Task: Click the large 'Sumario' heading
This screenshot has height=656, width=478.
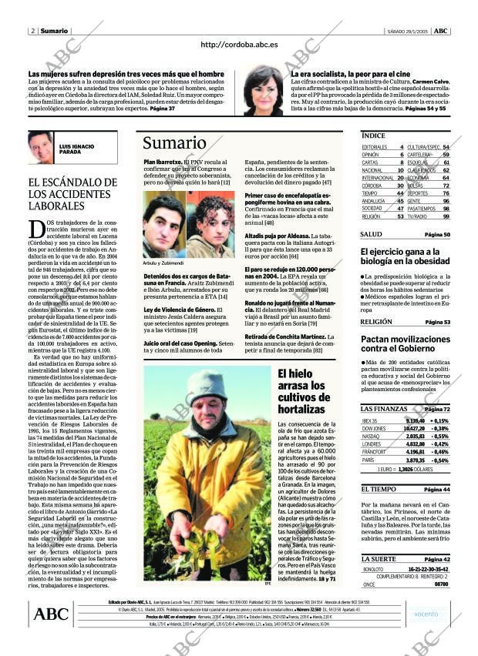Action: coord(169,142)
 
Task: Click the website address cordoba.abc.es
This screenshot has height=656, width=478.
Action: coord(238,45)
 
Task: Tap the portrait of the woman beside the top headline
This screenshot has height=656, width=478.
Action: coord(264,89)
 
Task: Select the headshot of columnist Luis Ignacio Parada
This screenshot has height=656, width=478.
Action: coord(40,146)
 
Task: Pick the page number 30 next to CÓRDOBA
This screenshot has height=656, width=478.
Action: coord(400,186)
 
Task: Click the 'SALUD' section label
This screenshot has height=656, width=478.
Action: coord(371,234)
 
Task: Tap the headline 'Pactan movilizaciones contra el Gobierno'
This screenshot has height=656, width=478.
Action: coord(403,343)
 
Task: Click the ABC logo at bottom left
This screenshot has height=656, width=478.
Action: coord(52,614)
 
